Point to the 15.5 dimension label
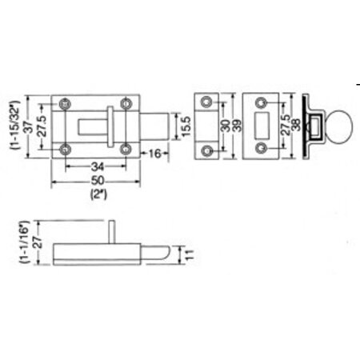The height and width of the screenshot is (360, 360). [186, 126]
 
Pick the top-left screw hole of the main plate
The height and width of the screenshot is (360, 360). [65, 102]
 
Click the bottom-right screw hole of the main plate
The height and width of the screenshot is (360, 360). [125, 149]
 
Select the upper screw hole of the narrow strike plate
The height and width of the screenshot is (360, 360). [208, 102]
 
